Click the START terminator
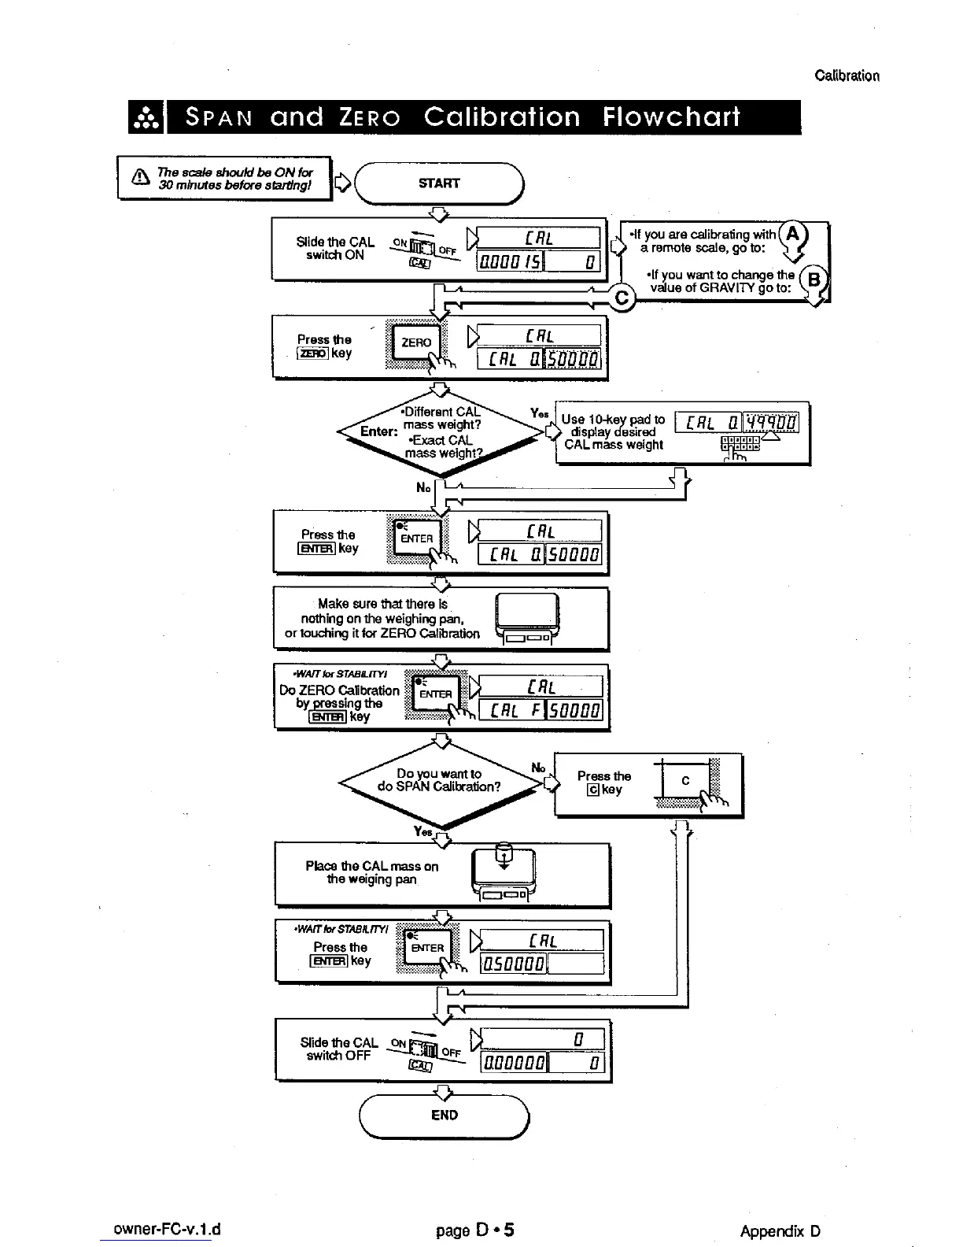(x=439, y=183)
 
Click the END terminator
(x=444, y=1115)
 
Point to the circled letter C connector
(x=622, y=298)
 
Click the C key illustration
(x=685, y=781)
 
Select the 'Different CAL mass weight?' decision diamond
(x=441, y=431)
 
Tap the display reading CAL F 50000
(x=541, y=711)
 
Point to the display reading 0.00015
(x=511, y=261)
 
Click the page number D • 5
(x=475, y=1230)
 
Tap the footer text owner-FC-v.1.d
(x=167, y=1230)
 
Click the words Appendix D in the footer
(x=780, y=1231)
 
